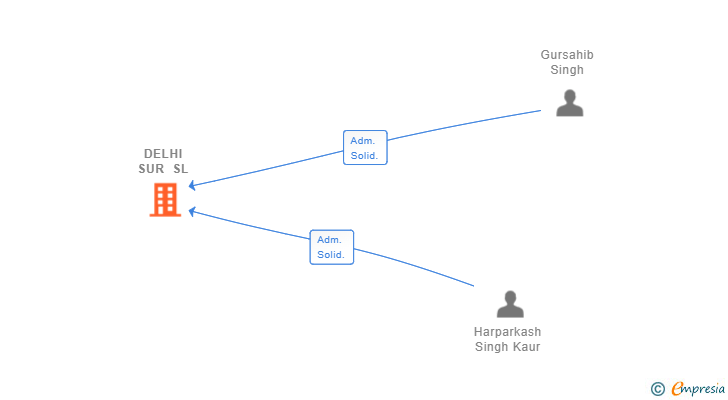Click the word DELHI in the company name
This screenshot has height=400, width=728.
tap(163, 154)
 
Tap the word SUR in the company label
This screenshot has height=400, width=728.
tap(152, 169)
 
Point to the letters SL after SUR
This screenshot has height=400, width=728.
tap(180, 169)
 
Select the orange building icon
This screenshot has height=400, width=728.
tap(165, 200)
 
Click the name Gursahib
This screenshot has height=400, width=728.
tap(566, 55)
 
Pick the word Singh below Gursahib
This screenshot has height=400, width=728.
tap(566, 70)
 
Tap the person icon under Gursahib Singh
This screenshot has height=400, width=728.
tap(569, 102)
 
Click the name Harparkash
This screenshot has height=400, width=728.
tap(507, 332)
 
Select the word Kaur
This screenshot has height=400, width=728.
tap(525, 347)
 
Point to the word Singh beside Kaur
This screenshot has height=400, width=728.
tap(491, 347)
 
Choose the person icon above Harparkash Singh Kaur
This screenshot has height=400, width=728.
tap(510, 303)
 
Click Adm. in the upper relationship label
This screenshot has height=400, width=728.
tap(361, 141)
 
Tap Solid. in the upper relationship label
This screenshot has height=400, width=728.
tap(363, 156)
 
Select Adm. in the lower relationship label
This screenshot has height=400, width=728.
tap(329, 240)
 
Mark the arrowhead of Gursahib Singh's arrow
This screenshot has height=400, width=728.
tap(192, 185)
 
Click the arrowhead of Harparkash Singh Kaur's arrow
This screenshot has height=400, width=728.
tap(192, 211)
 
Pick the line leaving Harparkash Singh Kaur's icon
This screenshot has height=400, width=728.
tap(420, 265)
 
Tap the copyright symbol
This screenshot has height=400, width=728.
tap(657, 389)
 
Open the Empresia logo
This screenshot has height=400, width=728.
tap(694, 389)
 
